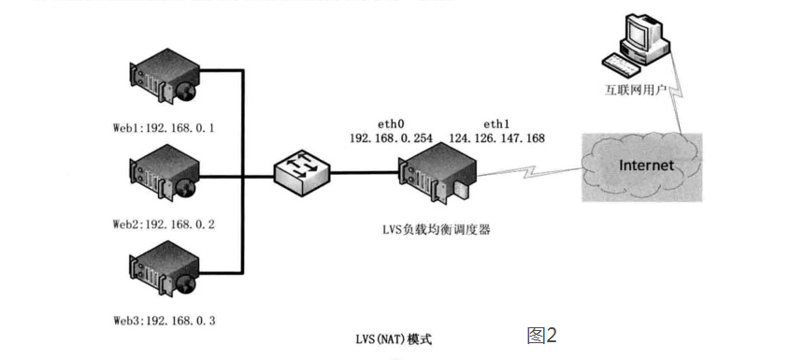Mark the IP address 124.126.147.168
coord(497,138)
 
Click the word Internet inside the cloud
coord(646,166)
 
